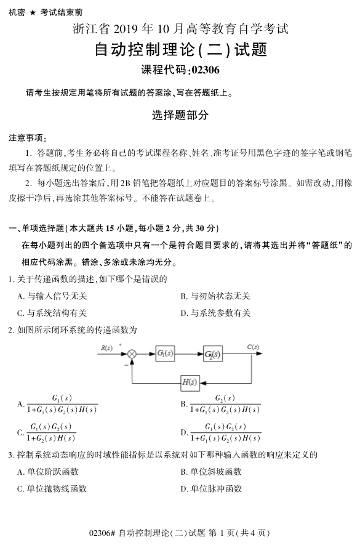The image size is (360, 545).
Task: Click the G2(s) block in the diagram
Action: [212, 354]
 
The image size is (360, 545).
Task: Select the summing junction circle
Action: [132, 354]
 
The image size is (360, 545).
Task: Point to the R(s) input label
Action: [106, 348]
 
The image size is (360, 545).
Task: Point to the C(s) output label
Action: [252, 347]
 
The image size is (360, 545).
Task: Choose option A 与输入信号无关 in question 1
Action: [52, 296]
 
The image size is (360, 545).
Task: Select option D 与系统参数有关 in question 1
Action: [215, 313]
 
